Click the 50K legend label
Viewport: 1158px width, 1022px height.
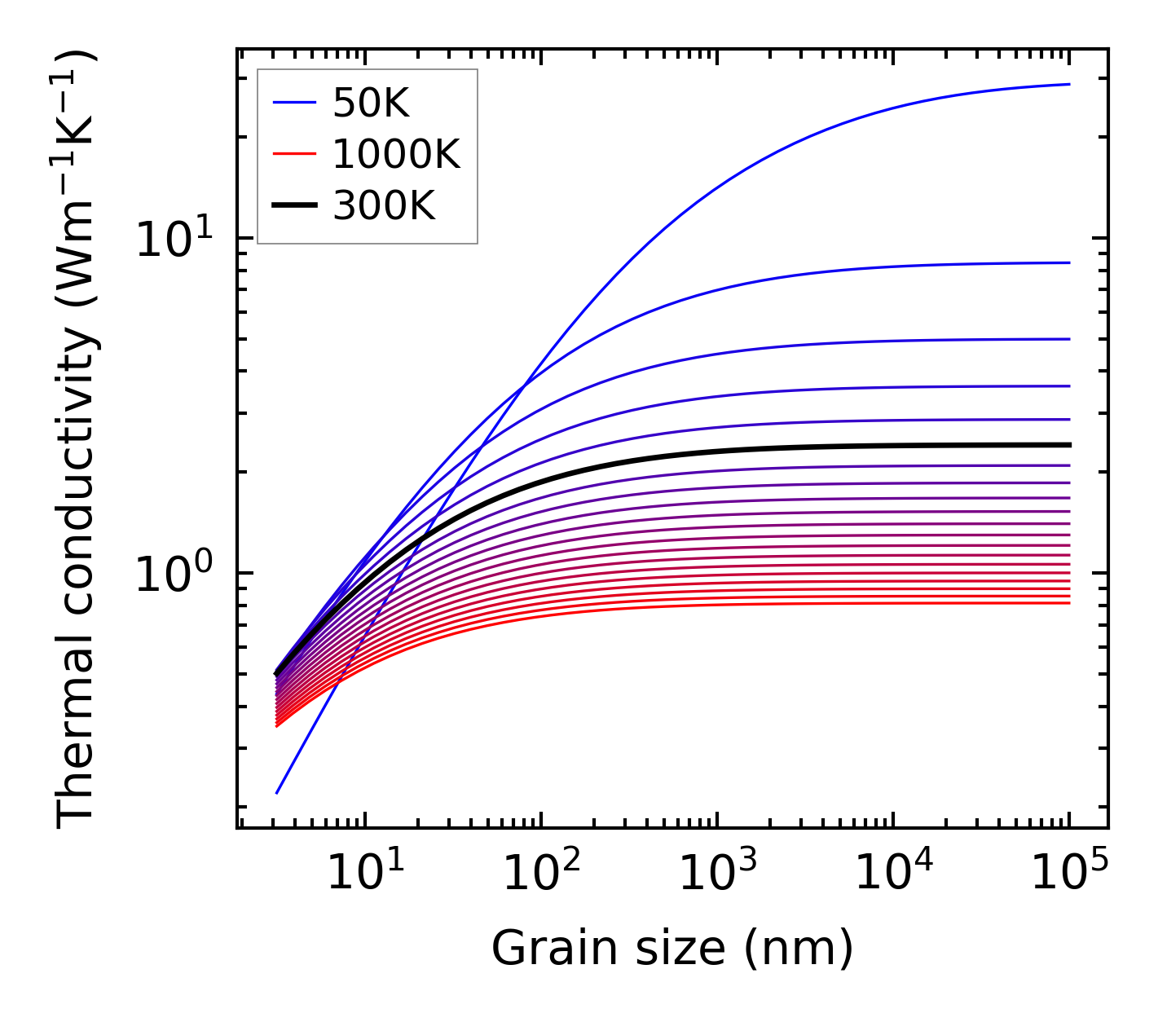pos(371,103)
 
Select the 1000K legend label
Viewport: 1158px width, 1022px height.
pos(396,154)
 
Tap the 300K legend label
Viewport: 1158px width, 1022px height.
pos(384,206)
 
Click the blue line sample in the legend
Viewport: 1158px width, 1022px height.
pos(293,103)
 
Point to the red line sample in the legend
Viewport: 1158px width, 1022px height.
pos(293,154)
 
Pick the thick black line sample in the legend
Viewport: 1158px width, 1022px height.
pos(293,206)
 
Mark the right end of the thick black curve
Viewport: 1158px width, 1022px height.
pos(1068,445)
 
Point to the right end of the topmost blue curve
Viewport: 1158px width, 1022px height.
pos(1068,84)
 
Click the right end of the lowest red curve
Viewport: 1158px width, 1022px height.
pos(1068,603)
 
